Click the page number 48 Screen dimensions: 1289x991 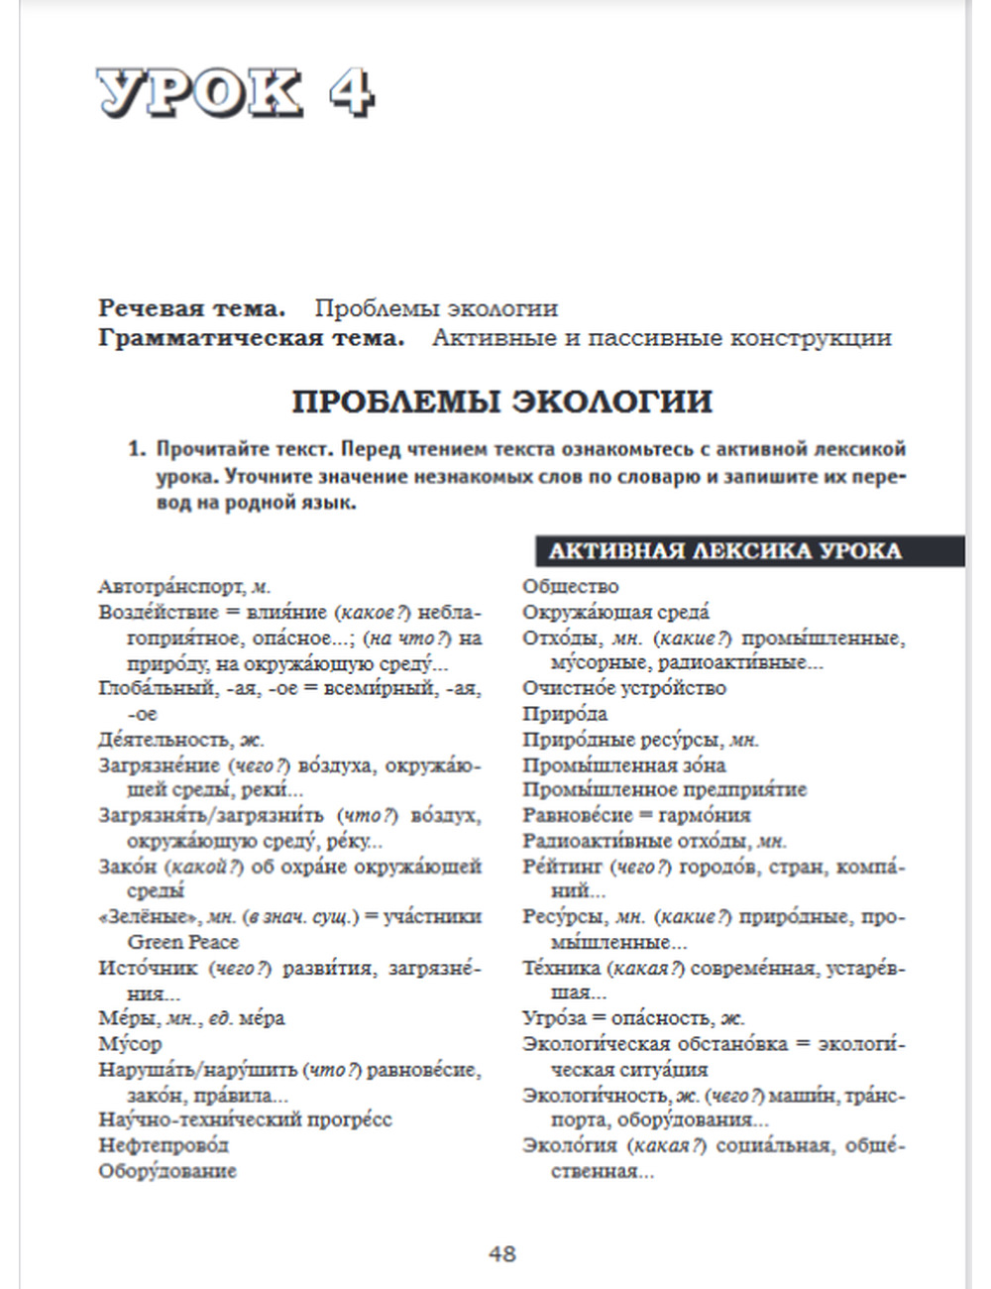[501, 1253]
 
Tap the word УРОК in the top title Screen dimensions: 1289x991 [199, 94]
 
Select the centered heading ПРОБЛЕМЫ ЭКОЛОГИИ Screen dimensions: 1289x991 [501, 402]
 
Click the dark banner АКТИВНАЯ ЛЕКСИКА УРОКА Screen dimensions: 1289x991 [725, 551]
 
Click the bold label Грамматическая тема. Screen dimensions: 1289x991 [252, 338]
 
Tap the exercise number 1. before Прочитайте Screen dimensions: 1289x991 [137, 449]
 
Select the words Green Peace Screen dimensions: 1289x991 [183, 942]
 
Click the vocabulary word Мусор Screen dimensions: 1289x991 [130, 1043]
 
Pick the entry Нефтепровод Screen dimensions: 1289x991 [164, 1145]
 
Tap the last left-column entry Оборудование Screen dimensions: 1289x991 [167, 1171]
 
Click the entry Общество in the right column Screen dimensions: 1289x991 [571, 587]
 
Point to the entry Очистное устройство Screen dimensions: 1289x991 [624, 688]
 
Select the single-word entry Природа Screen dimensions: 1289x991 [565, 714]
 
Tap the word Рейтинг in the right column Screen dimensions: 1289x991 [562, 867]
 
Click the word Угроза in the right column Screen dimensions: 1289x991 [555, 1018]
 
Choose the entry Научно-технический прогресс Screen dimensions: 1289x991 [245, 1119]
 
